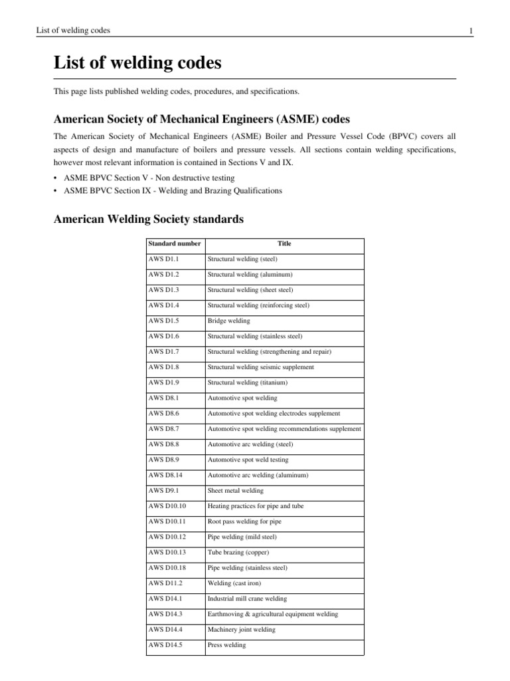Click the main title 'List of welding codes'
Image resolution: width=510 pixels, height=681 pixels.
pos(137,64)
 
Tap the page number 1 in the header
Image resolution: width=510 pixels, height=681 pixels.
pos(469,31)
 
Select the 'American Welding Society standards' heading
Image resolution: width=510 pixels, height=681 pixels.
pos(148,218)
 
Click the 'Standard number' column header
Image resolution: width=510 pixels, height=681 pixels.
pos(174,243)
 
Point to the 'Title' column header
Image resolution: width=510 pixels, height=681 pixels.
pos(284,243)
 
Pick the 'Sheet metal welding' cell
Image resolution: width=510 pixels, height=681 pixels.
pos(236,490)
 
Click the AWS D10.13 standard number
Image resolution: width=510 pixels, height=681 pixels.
pos(167,552)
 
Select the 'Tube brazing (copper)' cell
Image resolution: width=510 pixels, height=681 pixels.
pos(238,552)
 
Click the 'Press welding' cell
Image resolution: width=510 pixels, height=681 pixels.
pos(226,644)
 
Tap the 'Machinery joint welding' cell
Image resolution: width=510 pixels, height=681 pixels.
pos(242,629)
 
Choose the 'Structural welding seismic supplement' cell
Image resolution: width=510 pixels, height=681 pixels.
pos(261,367)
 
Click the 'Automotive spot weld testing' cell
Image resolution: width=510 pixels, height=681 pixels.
pos(248,460)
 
